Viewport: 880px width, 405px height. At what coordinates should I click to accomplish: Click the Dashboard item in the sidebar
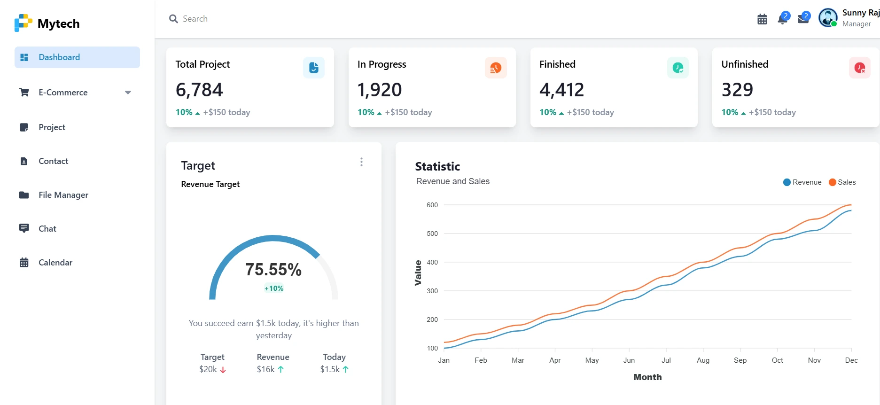[77, 57]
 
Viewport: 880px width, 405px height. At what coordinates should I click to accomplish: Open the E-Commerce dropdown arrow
[128, 93]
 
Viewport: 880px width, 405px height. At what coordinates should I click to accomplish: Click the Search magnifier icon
[173, 19]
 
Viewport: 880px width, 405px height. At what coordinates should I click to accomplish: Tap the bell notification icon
[783, 19]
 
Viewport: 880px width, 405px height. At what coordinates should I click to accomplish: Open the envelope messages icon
[803, 19]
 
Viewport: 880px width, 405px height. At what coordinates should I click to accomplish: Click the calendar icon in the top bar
[762, 19]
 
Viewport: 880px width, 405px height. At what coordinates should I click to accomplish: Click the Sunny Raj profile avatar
[828, 18]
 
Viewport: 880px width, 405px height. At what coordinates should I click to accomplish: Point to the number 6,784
[199, 90]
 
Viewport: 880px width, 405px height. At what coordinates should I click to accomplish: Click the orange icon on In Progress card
[496, 68]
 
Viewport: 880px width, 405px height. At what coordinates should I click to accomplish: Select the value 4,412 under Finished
[561, 90]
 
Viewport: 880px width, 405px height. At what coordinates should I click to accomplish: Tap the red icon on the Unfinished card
[860, 68]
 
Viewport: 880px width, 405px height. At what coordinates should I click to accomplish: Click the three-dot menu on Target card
[361, 162]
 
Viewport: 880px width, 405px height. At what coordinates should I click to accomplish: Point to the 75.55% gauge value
[273, 270]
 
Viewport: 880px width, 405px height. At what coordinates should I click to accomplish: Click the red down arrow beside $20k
[223, 370]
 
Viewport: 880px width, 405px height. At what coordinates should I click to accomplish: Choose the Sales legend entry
[842, 182]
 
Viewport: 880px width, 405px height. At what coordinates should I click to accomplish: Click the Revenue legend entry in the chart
[802, 182]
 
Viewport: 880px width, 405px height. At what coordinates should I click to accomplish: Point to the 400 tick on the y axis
[432, 262]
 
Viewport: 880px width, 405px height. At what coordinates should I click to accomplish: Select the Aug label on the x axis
[703, 360]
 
